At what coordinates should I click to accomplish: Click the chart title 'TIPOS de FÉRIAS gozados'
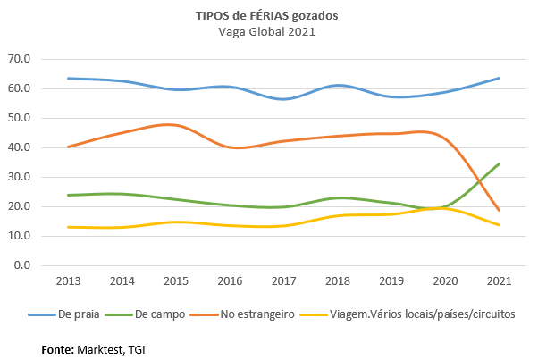268,15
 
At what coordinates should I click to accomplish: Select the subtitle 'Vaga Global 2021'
268,31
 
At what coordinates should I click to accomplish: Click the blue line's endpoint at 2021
499,78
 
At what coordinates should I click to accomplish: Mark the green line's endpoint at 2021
499,163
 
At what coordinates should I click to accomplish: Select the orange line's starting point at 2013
69,147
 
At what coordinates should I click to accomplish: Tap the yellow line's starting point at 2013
69,227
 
